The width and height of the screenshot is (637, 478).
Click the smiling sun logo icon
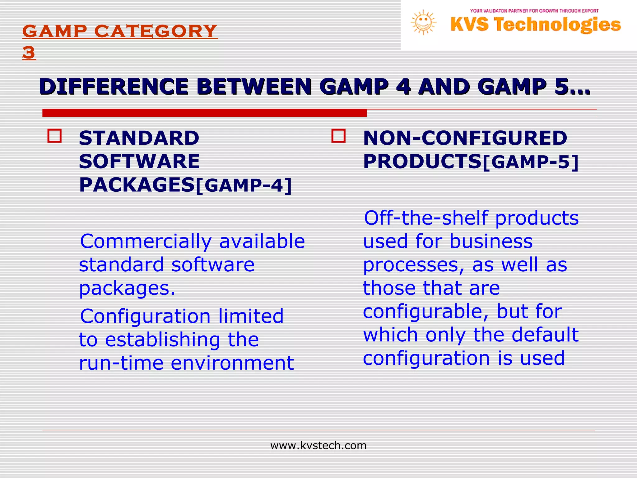click(x=423, y=22)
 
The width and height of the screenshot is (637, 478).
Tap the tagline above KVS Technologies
click(x=534, y=11)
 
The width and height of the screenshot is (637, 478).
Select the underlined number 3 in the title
click(x=29, y=52)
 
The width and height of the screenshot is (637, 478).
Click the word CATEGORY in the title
click(x=155, y=31)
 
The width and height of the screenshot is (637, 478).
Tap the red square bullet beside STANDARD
click(x=54, y=136)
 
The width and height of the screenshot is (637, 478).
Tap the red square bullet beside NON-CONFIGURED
click(x=338, y=136)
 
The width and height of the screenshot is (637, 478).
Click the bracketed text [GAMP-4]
click(x=244, y=186)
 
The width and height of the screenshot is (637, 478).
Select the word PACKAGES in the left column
click(x=137, y=185)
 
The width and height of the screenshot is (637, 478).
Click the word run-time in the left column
click(x=121, y=363)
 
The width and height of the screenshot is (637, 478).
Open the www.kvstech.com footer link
click(x=318, y=446)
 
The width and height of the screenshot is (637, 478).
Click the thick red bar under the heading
click(x=204, y=113)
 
